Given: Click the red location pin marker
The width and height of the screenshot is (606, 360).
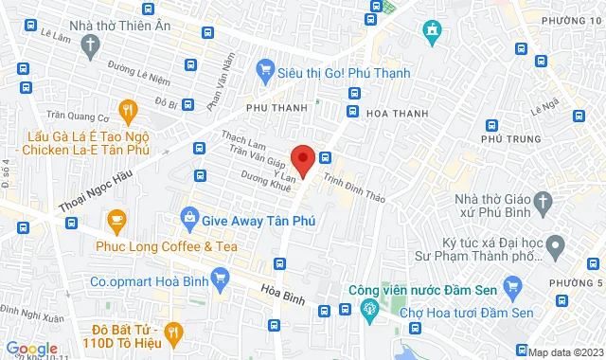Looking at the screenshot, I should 302,158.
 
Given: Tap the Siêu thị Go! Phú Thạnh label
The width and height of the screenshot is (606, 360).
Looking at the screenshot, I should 344,72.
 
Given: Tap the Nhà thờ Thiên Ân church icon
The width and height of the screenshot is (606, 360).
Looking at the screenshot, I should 90,45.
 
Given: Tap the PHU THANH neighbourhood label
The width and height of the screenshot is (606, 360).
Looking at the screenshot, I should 276,108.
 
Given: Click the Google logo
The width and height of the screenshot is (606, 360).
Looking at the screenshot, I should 31,349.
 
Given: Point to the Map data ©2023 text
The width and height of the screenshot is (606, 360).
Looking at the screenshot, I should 565,352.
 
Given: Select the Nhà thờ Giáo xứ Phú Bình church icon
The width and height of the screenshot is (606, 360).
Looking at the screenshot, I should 543,201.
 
